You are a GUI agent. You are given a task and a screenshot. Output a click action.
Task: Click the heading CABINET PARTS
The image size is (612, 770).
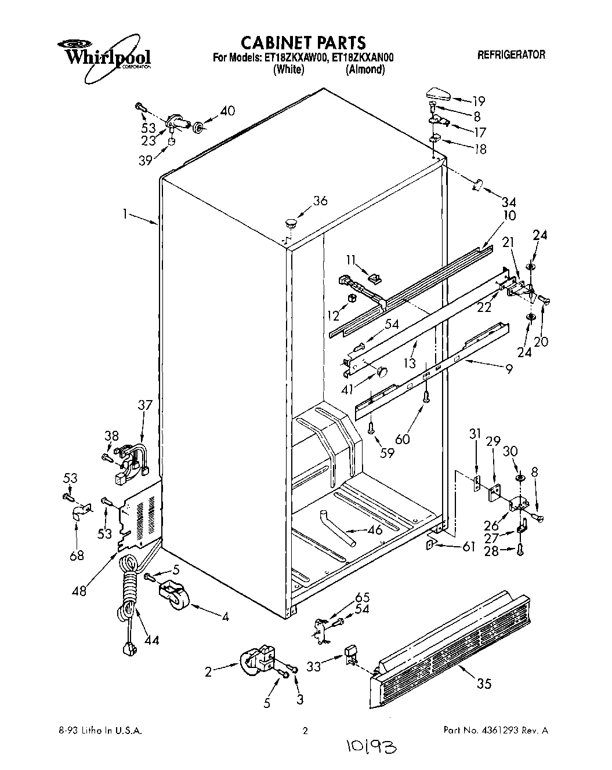(303, 42)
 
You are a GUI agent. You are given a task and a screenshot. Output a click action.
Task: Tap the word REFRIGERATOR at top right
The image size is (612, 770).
(511, 55)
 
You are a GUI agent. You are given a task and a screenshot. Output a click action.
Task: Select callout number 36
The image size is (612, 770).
(320, 201)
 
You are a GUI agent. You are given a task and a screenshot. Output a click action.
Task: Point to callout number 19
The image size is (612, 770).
(478, 100)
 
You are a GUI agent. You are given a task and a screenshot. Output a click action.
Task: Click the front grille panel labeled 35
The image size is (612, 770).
(452, 644)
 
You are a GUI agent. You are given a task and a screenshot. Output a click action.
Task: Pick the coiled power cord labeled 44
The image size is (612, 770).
(129, 597)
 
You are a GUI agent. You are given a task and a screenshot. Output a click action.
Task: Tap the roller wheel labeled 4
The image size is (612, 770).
(175, 595)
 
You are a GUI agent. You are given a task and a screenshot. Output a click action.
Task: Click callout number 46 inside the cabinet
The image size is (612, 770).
(375, 530)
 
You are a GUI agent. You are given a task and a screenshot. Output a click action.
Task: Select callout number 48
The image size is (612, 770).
(79, 590)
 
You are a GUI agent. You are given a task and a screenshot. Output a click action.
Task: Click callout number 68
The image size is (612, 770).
(76, 555)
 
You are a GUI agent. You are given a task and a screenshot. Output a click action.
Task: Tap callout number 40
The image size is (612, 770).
(227, 111)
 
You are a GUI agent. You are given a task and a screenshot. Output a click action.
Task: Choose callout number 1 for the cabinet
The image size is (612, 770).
(124, 214)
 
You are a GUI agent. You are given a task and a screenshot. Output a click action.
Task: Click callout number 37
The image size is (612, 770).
(144, 405)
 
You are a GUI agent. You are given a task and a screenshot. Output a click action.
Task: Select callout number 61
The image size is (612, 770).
(469, 546)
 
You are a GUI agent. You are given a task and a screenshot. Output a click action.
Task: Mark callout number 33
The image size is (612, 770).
(314, 667)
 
